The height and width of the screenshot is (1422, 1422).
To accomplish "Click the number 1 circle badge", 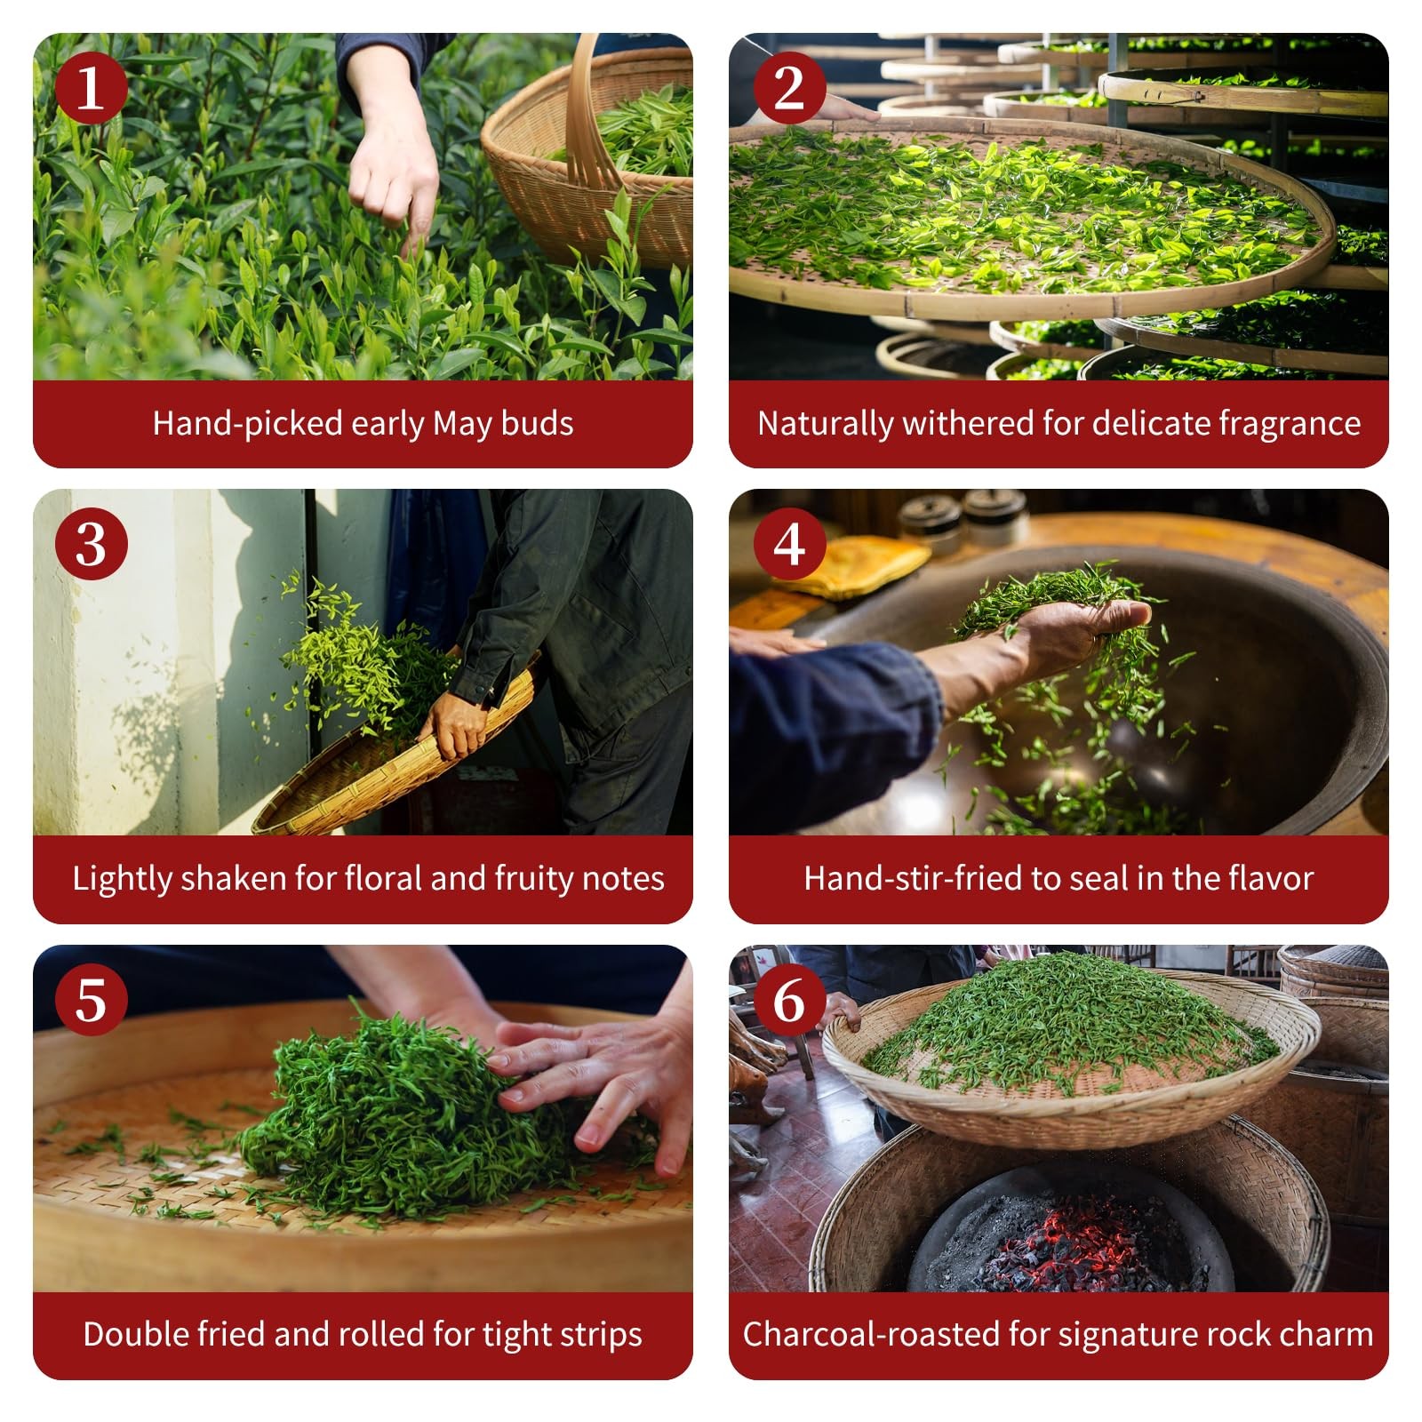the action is (x=91, y=88).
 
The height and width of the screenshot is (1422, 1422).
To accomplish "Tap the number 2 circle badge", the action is (x=789, y=88).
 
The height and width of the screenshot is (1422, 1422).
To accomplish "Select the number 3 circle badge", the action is (x=91, y=544).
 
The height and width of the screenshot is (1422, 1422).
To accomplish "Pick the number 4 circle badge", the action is (x=789, y=544).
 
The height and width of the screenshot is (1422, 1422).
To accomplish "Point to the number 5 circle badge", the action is (x=91, y=1000).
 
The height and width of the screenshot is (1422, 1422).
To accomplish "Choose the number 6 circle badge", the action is (x=789, y=1000).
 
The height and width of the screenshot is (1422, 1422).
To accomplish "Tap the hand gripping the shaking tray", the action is (x=453, y=725).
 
